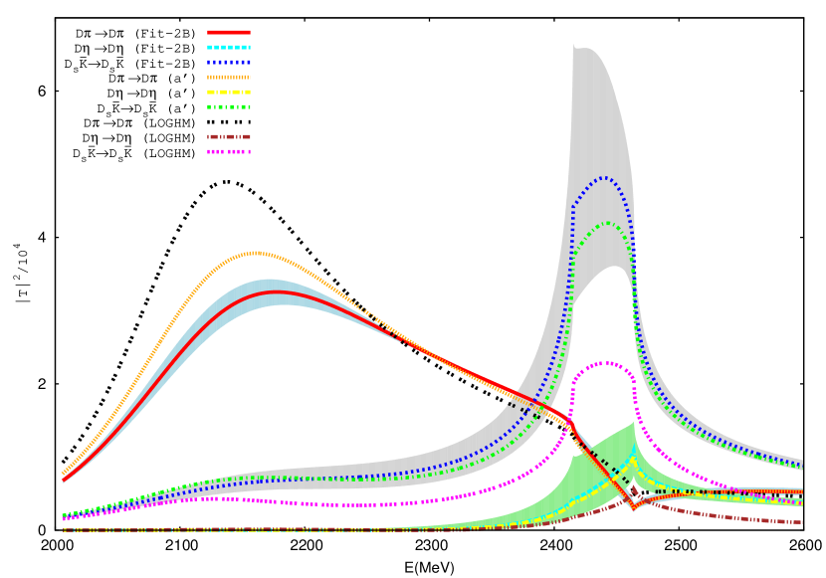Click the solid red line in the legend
coord(229,32)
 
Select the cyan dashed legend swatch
coord(229,47)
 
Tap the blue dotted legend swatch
coord(229,62)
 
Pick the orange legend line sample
coord(229,77)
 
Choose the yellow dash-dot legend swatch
coord(229,92)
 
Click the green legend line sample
coord(229,106)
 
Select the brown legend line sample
coord(229,136)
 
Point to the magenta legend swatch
coord(229,151)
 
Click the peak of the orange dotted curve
coord(255,253)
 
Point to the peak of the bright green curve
coord(606,223)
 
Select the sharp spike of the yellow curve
coord(634,460)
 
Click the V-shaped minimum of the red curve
coord(633,507)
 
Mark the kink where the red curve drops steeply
coord(569,422)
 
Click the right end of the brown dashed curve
coord(800,522)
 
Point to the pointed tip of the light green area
coord(634,422)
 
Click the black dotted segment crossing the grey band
coord(522,409)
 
